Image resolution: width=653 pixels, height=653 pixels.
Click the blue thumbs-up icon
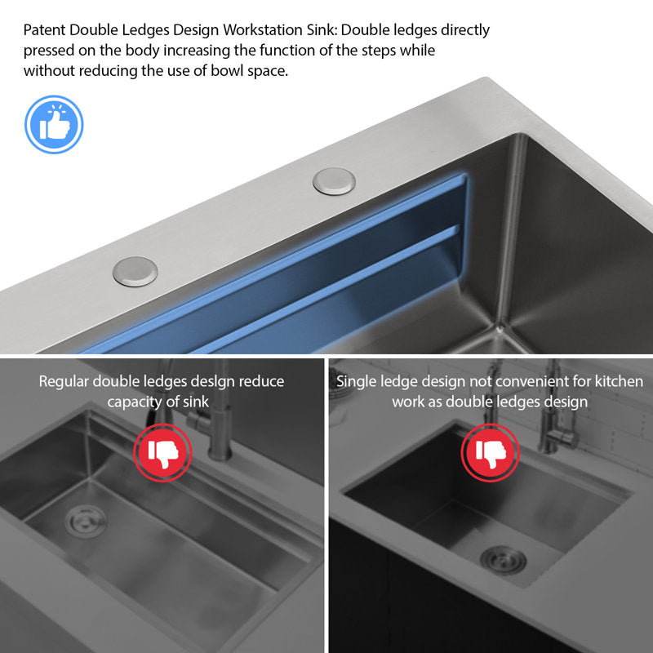pos(54,125)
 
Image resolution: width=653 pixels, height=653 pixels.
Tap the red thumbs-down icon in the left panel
pos(162,453)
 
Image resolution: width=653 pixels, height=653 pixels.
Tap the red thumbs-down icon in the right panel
pos(491,453)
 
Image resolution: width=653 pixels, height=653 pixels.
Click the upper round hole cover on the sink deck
pos(334,181)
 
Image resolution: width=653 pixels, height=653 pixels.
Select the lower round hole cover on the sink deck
pos(135,271)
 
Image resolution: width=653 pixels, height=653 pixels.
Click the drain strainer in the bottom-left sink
pos(86,521)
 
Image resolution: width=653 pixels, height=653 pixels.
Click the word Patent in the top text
pos(45,30)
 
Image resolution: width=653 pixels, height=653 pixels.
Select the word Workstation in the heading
pos(263,30)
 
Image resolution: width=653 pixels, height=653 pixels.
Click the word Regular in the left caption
pos(64,382)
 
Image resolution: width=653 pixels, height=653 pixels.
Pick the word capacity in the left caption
pos(134,402)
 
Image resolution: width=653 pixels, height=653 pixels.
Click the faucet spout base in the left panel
pos(220,450)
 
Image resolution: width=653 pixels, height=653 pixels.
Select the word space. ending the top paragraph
pos(268,72)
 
